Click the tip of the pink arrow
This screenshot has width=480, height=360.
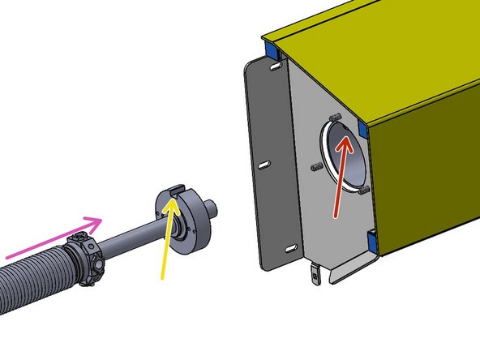[103, 219]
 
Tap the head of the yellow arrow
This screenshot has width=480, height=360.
[172, 199]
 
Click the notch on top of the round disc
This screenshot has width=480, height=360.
[176, 191]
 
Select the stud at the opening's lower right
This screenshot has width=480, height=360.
[362, 190]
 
